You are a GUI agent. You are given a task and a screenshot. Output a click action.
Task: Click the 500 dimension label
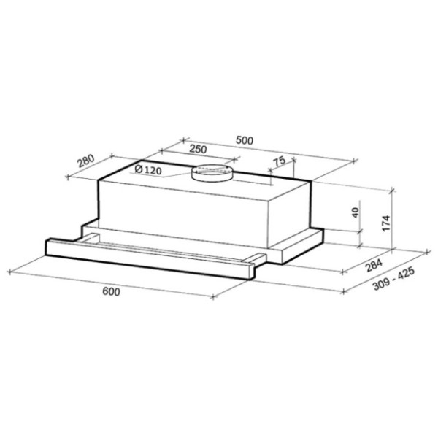click(x=244, y=140)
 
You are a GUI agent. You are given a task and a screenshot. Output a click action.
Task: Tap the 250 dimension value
click(x=198, y=149)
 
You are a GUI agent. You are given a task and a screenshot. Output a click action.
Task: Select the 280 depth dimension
click(x=86, y=161)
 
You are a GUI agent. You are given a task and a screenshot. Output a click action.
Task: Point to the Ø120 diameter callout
click(x=147, y=169)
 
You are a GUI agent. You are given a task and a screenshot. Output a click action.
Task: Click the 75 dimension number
click(x=279, y=161)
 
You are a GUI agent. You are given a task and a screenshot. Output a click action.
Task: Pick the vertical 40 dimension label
click(x=355, y=213)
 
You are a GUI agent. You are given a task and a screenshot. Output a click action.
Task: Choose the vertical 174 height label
click(x=386, y=223)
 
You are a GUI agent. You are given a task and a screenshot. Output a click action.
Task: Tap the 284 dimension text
click(x=374, y=266)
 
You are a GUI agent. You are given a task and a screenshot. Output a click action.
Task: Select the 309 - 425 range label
click(x=394, y=279)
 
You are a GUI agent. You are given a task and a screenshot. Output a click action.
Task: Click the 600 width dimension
click(x=111, y=291)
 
